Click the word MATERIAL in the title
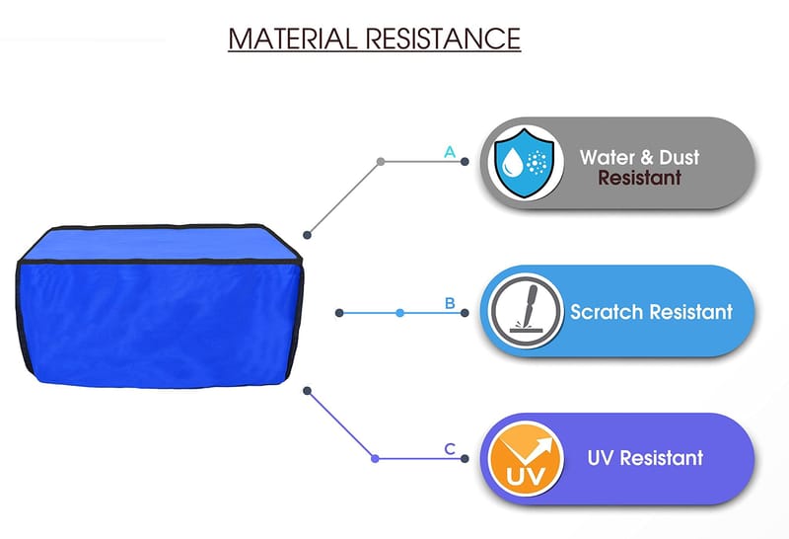coord(292,38)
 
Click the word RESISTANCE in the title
coord(443,38)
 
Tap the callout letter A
coord(450,152)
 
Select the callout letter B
coord(450,303)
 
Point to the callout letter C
coord(450,449)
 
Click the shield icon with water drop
coord(525,163)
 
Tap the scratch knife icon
coord(527,311)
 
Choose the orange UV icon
coord(526,459)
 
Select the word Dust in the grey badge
coord(679,158)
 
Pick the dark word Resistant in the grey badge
coord(639,178)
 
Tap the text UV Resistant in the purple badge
coord(645,458)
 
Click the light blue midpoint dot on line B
coord(399,313)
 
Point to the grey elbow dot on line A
coord(381,162)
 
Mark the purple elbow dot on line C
coord(375,458)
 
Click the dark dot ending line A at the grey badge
coord(465,162)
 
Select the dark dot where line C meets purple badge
coord(465,458)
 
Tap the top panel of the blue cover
coord(160,244)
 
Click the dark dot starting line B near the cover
coord(339,313)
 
